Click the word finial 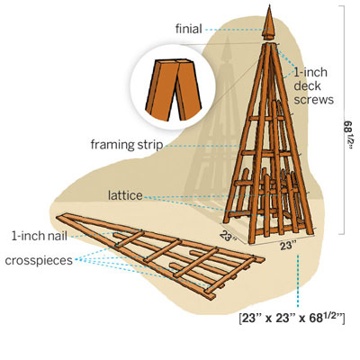[x=189, y=29]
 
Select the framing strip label [x=127, y=145]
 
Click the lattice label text [x=125, y=195]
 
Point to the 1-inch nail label [x=40, y=236]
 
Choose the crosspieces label [x=39, y=260]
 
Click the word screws [x=313, y=100]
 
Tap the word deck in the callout [x=307, y=86]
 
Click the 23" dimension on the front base [x=287, y=246]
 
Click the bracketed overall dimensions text [x=292, y=319]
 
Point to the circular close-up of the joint [x=173, y=86]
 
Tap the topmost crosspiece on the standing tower [x=266, y=119]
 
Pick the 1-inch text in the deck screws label [x=310, y=72]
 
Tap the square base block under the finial [x=268, y=38]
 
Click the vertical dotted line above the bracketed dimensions [x=298, y=281]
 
